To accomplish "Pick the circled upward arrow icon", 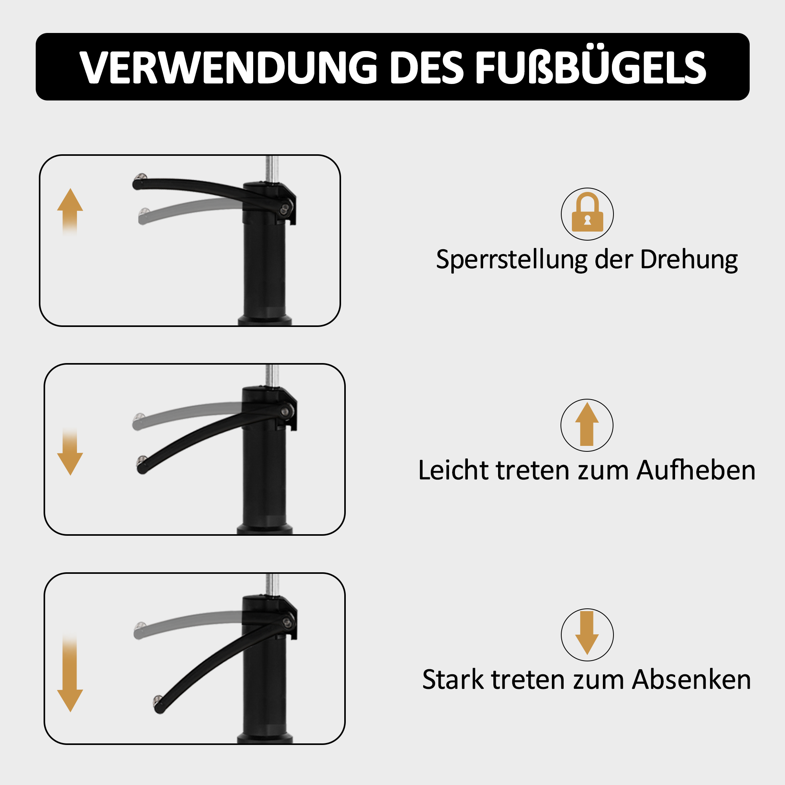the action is [587, 425].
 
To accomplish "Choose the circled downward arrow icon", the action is [587, 635].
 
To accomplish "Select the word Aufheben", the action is [696, 471].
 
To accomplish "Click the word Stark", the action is [453, 680].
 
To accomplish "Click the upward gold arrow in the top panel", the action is [70, 211].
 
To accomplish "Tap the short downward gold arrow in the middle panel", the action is [70, 451].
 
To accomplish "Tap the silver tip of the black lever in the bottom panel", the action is [157, 699].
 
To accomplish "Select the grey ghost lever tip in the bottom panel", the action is [139, 626].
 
